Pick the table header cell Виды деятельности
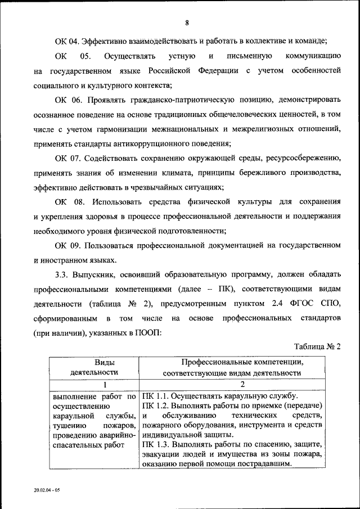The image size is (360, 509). (x=94, y=367)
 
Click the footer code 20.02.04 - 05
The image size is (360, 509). (x=47, y=490)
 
